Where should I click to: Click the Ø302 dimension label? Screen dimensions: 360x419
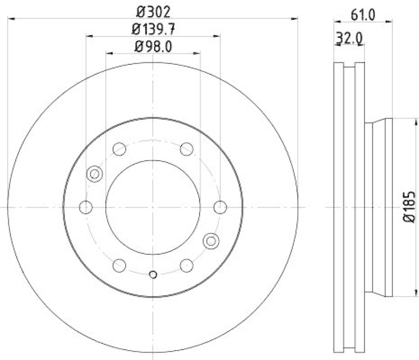152,11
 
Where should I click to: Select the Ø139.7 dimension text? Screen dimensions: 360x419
152,29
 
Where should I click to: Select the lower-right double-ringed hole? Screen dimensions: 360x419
211,240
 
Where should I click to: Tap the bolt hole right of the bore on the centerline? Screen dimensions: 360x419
220,207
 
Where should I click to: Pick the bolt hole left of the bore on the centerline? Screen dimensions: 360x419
85,207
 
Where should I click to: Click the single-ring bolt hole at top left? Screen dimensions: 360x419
119,149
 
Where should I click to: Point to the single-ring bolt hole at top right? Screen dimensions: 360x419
186,149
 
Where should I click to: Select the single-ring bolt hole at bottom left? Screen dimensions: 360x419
119,265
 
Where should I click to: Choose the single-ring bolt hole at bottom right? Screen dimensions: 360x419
186,265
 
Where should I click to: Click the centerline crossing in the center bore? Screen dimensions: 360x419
153,207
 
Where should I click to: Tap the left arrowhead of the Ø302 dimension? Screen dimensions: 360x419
11,19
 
